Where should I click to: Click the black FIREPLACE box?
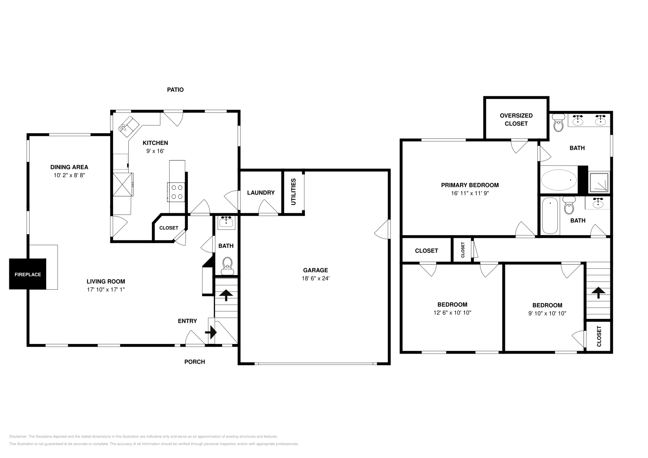tap(28, 274)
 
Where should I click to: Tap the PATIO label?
tap(175, 90)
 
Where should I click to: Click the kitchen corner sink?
tap(128, 124)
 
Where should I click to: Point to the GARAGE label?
tap(315, 270)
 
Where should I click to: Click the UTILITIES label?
tap(294, 191)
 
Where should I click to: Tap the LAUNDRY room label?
tap(261, 193)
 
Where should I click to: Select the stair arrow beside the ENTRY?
tap(211, 333)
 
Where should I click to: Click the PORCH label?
tap(194, 362)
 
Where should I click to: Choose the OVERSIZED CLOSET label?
tap(516, 119)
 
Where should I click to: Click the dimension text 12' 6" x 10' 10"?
tap(452, 313)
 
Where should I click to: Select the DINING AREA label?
tap(69, 167)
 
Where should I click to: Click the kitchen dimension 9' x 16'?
tap(155, 151)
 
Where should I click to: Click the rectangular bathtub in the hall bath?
tap(550, 216)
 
